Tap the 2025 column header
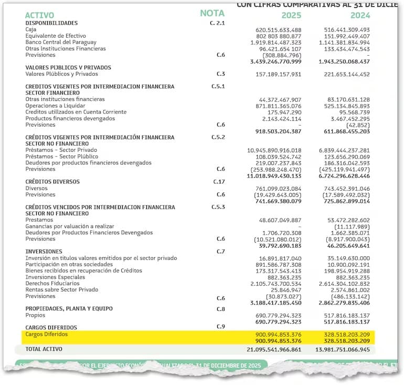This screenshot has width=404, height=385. [x=291, y=15]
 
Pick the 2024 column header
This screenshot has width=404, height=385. [x=360, y=15]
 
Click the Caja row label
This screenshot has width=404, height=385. [x=31, y=29]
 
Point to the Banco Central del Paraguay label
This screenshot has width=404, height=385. [x=61, y=42]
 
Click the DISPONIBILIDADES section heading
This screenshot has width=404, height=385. [x=51, y=23]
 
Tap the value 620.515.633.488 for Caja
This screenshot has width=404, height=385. [x=278, y=30]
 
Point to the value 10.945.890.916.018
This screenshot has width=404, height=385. [x=274, y=150]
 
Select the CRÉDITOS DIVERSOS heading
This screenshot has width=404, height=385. [x=52, y=182]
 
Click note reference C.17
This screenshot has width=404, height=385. [x=219, y=182]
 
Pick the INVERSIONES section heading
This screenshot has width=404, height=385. [x=44, y=252]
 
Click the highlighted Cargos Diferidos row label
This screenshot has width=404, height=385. [x=47, y=334]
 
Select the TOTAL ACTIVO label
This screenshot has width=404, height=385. [x=44, y=349]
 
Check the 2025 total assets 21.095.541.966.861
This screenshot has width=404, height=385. [x=274, y=349]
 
